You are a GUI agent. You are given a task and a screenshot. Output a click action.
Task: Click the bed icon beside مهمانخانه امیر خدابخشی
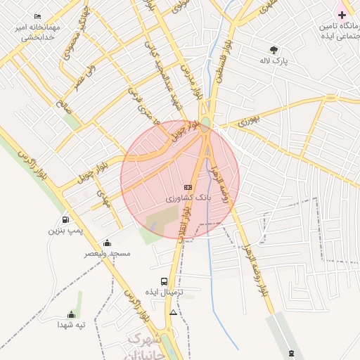tap(37, 16)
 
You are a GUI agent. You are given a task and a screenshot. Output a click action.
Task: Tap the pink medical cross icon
tap(342, 15)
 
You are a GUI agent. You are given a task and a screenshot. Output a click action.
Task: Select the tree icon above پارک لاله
tap(274, 50)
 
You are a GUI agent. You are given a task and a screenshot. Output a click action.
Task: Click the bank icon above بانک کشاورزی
tap(187, 187)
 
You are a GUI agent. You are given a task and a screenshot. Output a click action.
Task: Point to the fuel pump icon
tap(66, 219)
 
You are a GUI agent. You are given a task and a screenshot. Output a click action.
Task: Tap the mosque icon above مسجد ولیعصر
tap(107, 243)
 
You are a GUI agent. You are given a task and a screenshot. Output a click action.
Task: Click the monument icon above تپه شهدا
tap(71, 315)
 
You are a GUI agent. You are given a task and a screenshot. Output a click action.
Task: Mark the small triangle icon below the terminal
tap(174, 311)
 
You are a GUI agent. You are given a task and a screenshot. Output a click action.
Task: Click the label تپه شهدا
tap(71, 326)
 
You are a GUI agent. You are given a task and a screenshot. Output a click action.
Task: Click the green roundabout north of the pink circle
tap(205, 128)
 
